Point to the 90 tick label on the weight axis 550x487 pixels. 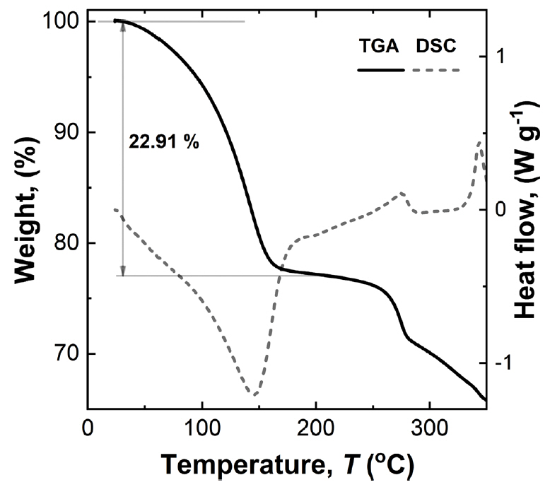(x=66, y=133)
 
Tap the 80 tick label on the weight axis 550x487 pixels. (x=66, y=243)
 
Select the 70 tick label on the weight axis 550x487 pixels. (x=66, y=353)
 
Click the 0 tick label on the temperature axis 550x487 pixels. (x=88, y=428)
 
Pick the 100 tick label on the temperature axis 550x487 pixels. (x=202, y=428)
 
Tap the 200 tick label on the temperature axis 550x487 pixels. (x=316, y=428)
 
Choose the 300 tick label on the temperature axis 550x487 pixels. (x=430, y=428)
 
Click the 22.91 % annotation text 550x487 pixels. (x=164, y=142)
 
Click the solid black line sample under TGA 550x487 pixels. (x=380, y=70)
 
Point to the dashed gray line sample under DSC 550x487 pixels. (x=436, y=70)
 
